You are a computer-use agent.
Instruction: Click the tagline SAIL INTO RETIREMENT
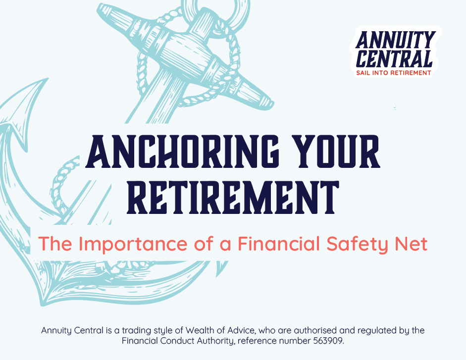pos(394,73)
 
